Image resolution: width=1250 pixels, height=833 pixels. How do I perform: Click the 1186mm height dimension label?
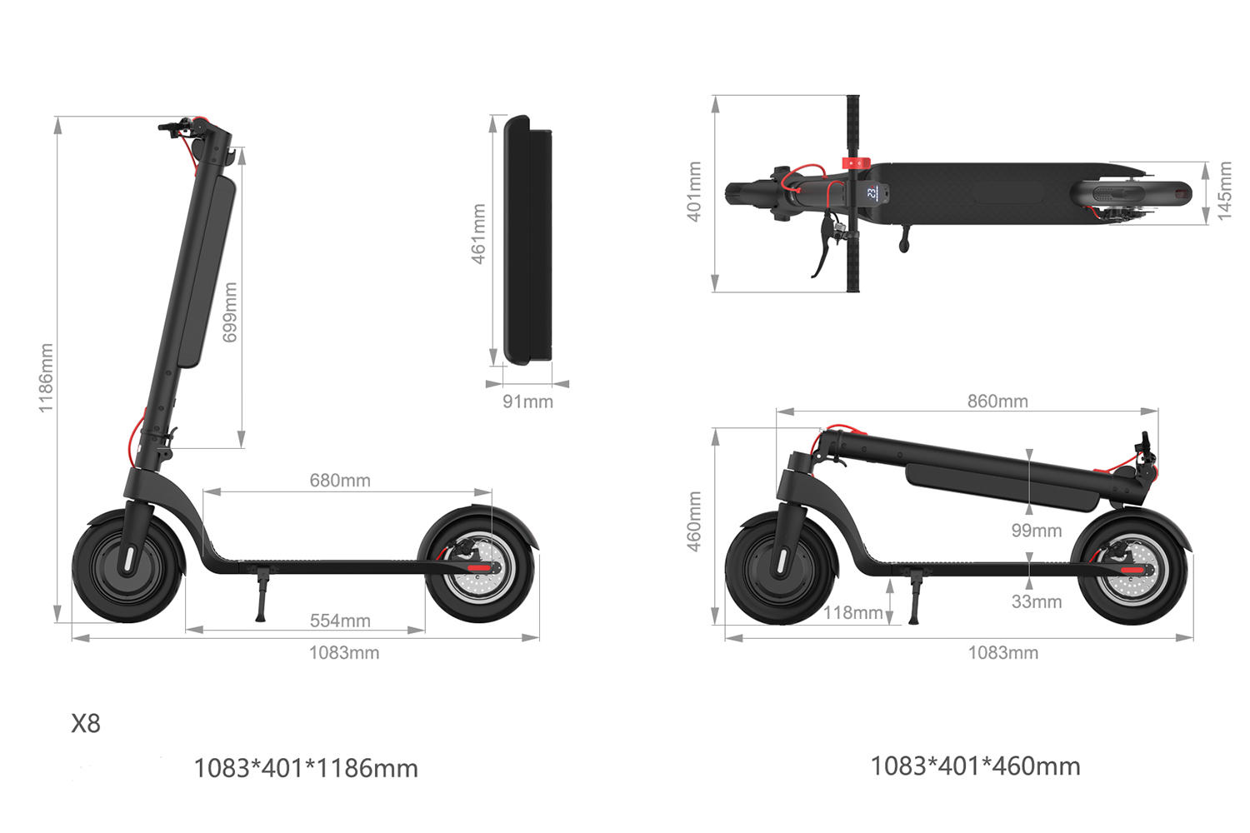pyautogui.click(x=46, y=377)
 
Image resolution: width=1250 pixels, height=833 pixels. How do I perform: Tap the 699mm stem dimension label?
pyautogui.click(x=230, y=312)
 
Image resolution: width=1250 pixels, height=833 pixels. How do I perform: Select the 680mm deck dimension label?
pyautogui.click(x=340, y=481)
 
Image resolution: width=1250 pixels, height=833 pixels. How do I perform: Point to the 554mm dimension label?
pyautogui.click(x=340, y=621)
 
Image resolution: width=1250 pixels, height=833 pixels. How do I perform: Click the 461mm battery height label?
pyautogui.click(x=478, y=234)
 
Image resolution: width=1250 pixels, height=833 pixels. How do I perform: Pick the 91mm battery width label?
pyautogui.click(x=527, y=402)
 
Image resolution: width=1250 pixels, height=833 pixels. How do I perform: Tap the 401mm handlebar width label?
pyautogui.click(x=694, y=192)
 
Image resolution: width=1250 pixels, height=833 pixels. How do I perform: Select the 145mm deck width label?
pyautogui.click(x=1224, y=192)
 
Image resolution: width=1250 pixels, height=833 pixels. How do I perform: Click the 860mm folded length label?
pyautogui.click(x=997, y=401)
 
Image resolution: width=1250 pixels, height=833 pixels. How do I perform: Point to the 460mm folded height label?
pyautogui.click(x=694, y=521)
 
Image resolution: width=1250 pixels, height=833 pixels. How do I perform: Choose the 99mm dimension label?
pyautogui.click(x=1036, y=531)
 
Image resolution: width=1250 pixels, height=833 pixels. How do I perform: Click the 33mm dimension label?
pyautogui.click(x=1036, y=601)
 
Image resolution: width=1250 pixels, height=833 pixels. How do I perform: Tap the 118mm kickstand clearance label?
pyautogui.click(x=852, y=613)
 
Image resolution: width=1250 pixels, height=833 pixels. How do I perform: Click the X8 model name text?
pyautogui.click(x=86, y=724)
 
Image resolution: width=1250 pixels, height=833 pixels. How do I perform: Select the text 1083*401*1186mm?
pyautogui.click(x=306, y=768)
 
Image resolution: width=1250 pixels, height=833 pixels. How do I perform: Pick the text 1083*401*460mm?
pyautogui.click(x=975, y=766)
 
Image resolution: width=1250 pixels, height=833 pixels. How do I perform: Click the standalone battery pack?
pyautogui.click(x=528, y=240)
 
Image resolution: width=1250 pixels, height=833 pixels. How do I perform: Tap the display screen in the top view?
pyautogui.click(x=872, y=193)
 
